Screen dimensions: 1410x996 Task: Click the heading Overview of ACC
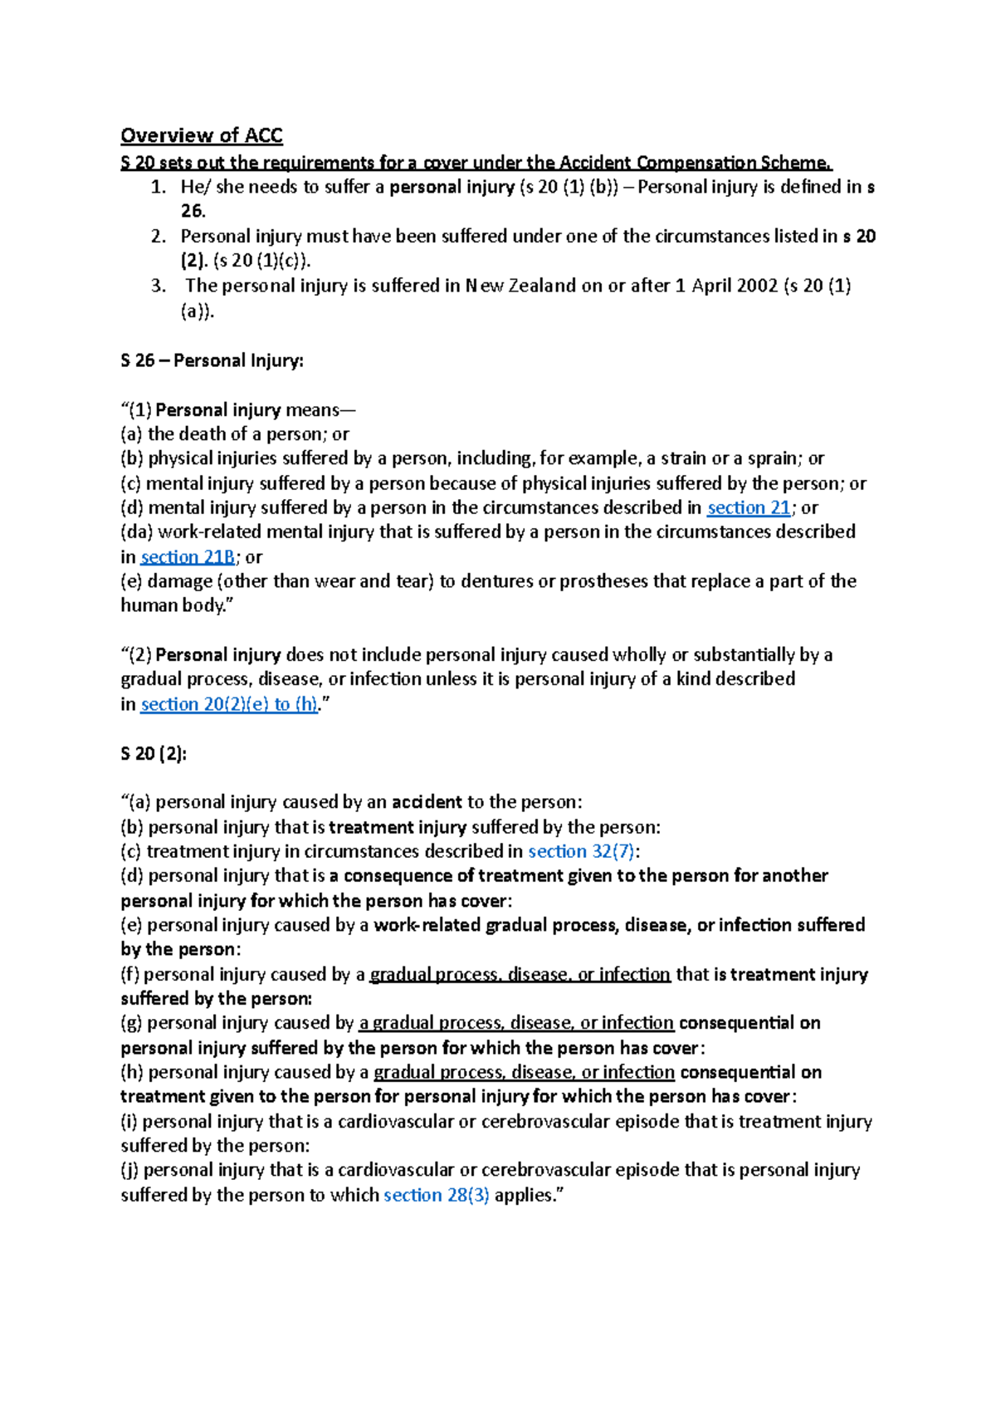pos(202,135)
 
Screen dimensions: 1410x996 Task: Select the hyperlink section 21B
pos(188,557)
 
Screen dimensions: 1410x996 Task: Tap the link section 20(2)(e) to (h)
pos(229,704)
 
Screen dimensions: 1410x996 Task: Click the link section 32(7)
pos(582,851)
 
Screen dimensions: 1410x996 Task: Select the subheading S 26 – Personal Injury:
pos(212,360)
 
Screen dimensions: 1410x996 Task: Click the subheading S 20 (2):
pos(154,753)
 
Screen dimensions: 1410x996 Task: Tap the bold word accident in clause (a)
pos(427,802)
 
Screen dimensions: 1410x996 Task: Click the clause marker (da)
pos(137,532)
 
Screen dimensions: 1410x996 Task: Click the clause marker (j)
pos(129,1170)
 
